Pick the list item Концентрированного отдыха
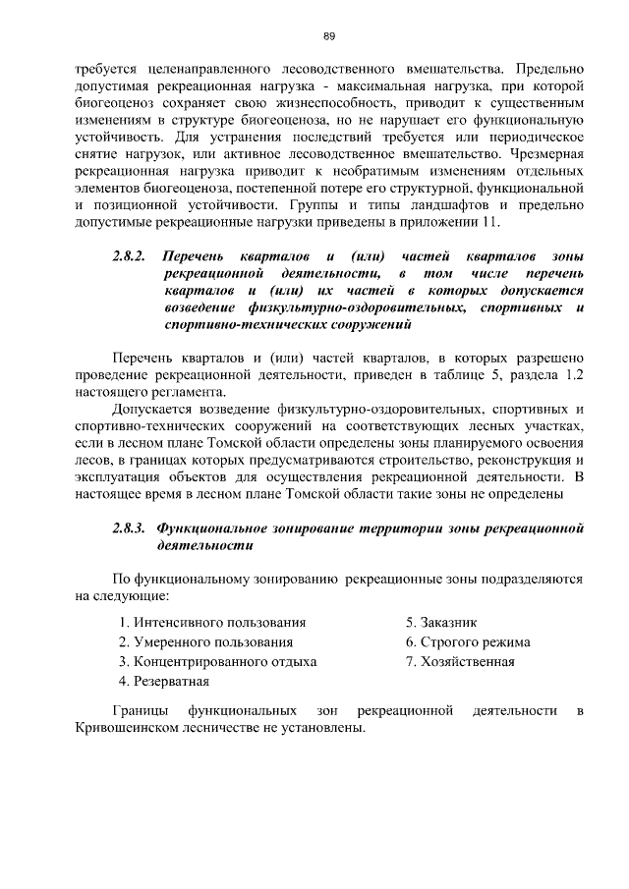(217, 661)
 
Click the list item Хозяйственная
(461, 661)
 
